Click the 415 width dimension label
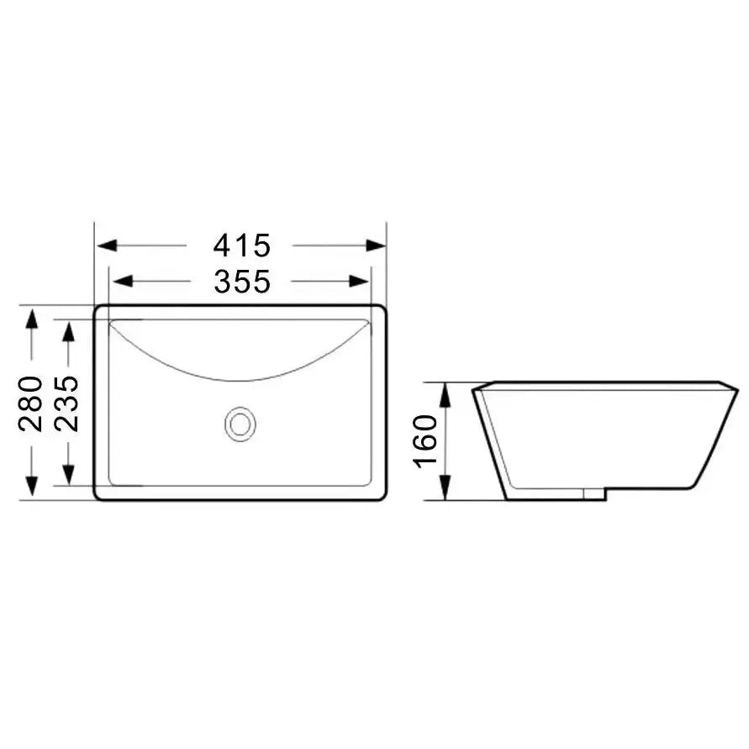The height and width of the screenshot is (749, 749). point(241,245)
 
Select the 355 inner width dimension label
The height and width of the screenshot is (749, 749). point(241,281)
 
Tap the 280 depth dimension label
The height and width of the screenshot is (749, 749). point(31,404)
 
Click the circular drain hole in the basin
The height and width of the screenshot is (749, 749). point(240,424)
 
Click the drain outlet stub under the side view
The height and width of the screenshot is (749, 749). point(593,493)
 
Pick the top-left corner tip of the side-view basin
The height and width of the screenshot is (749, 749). point(472,388)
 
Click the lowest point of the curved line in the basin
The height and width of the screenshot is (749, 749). point(240,380)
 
